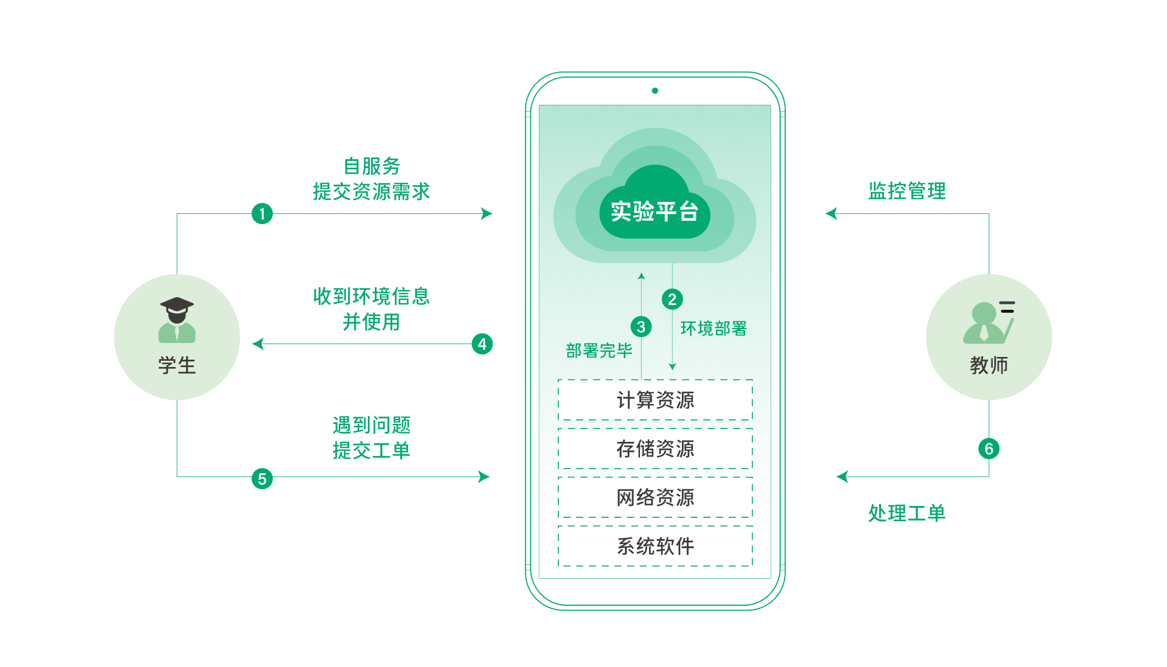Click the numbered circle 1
point(262,213)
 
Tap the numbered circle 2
point(672,299)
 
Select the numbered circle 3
point(641,327)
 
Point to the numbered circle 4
point(482,344)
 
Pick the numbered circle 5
point(262,479)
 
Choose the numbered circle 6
point(989,449)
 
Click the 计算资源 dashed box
point(655,400)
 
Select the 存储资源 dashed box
point(655,449)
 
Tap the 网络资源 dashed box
point(655,497)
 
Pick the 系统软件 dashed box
point(655,546)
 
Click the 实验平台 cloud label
point(654,212)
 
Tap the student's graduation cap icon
point(177,305)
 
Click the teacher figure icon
point(989,322)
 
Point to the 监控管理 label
point(907,191)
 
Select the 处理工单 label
point(907,513)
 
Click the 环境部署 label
point(714,328)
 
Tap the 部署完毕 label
point(599,350)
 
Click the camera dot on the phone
point(655,90)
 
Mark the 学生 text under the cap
point(177,365)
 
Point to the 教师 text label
point(989,365)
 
